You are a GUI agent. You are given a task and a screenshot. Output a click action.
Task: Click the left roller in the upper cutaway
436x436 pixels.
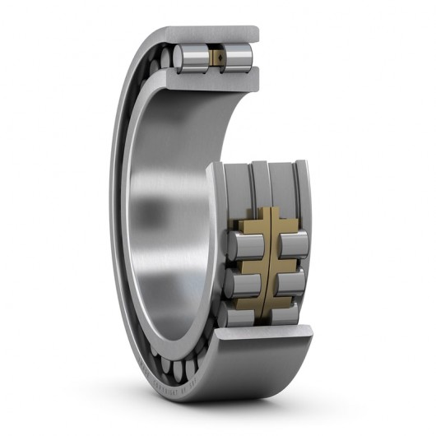click(x=190, y=58)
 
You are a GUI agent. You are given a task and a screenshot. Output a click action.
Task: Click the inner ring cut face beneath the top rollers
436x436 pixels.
click(x=216, y=80)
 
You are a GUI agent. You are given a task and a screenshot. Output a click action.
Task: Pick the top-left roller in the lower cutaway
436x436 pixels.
click(x=244, y=244)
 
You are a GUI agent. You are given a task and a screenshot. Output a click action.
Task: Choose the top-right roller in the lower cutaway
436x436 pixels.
click(x=293, y=244)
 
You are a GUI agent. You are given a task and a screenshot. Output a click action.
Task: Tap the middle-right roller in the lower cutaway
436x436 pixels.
click(x=292, y=282)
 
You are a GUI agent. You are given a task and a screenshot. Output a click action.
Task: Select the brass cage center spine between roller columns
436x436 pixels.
click(x=267, y=263)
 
